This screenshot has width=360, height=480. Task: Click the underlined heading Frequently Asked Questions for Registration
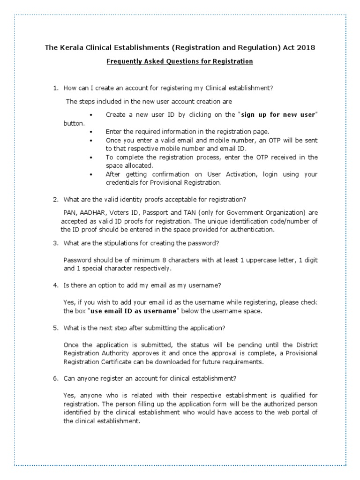click(x=180, y=61)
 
